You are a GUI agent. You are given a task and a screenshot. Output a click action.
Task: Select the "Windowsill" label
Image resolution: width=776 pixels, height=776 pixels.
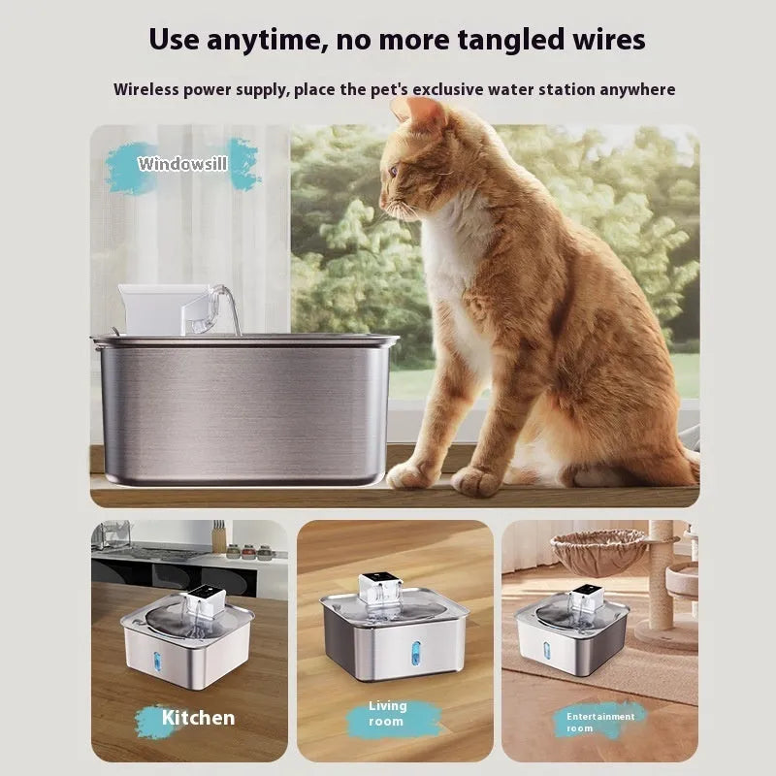182,164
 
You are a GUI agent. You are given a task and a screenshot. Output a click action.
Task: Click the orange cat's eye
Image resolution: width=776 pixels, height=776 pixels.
394,171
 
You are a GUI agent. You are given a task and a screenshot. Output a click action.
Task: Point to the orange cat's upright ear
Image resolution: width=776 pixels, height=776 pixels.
427,114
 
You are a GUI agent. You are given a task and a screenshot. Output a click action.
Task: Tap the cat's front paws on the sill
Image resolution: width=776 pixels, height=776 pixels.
446,476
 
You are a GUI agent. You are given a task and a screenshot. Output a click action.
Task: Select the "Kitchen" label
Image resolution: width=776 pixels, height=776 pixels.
198,718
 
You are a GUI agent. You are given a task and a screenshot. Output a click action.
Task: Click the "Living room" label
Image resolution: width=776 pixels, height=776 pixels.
388,714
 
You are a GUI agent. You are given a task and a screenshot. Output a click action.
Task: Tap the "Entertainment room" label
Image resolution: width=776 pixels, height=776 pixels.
601,722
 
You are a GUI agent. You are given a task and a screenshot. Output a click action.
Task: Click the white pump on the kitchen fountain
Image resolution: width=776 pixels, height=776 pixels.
205,603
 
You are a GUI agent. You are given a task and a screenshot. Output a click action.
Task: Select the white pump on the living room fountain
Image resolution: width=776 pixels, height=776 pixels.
381,590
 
